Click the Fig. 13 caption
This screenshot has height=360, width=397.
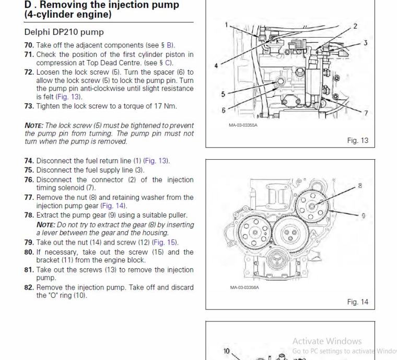pyautogui.click(x=357, y=140)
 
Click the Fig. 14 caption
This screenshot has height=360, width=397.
pyautogui.click(x=357, y=302)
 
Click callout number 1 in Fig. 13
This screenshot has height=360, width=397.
pyautogui.click(x=227, y=25)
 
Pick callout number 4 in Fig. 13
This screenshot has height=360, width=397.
pyautogui.click(x=216, y=66)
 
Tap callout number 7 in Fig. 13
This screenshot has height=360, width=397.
pyautogui.click(x=366, y=113)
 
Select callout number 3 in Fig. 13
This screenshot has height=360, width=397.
pyautogui.click(x=366, y=43)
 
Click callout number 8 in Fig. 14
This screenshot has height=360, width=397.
pyautogui.click(x=359, y=185)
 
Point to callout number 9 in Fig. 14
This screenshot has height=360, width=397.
pyautogui.click(x=363, y=215)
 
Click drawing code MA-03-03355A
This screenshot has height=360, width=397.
pyautogui.click(x=243, y=125)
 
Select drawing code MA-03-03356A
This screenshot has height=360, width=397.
pyautogui.click(x=244, y=287)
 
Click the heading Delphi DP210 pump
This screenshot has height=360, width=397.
pyautogui.click(x=64, y=32)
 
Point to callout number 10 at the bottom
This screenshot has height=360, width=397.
pyautogui.click(x=227, y=351)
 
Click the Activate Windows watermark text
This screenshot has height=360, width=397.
pyautogui.click(x=326, y=341)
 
